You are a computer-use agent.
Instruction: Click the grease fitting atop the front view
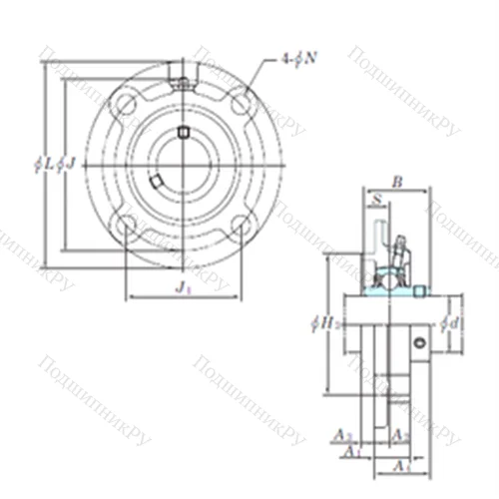click(181, 74)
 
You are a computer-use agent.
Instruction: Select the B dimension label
click(396, 182)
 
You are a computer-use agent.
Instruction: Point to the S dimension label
click(375, 201)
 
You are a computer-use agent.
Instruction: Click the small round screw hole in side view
click(420, 343)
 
